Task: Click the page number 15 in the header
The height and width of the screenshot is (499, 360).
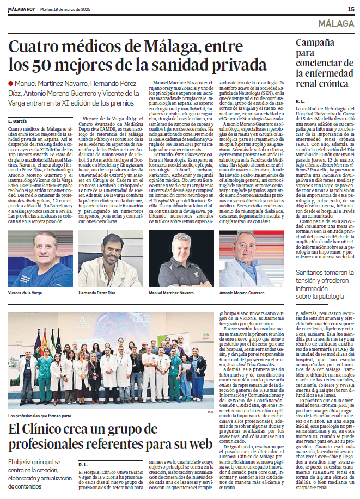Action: (x=351, y=9)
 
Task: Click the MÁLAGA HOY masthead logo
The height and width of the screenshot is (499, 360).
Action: (x=21, y=9)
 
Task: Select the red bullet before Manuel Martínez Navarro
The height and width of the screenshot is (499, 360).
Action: (x=10, y=83)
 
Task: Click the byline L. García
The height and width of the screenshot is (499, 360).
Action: (x=17, y=120)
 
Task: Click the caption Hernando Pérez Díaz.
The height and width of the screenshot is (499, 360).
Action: (x=98, y=293)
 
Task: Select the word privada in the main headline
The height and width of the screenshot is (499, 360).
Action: (x=231, y=65)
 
